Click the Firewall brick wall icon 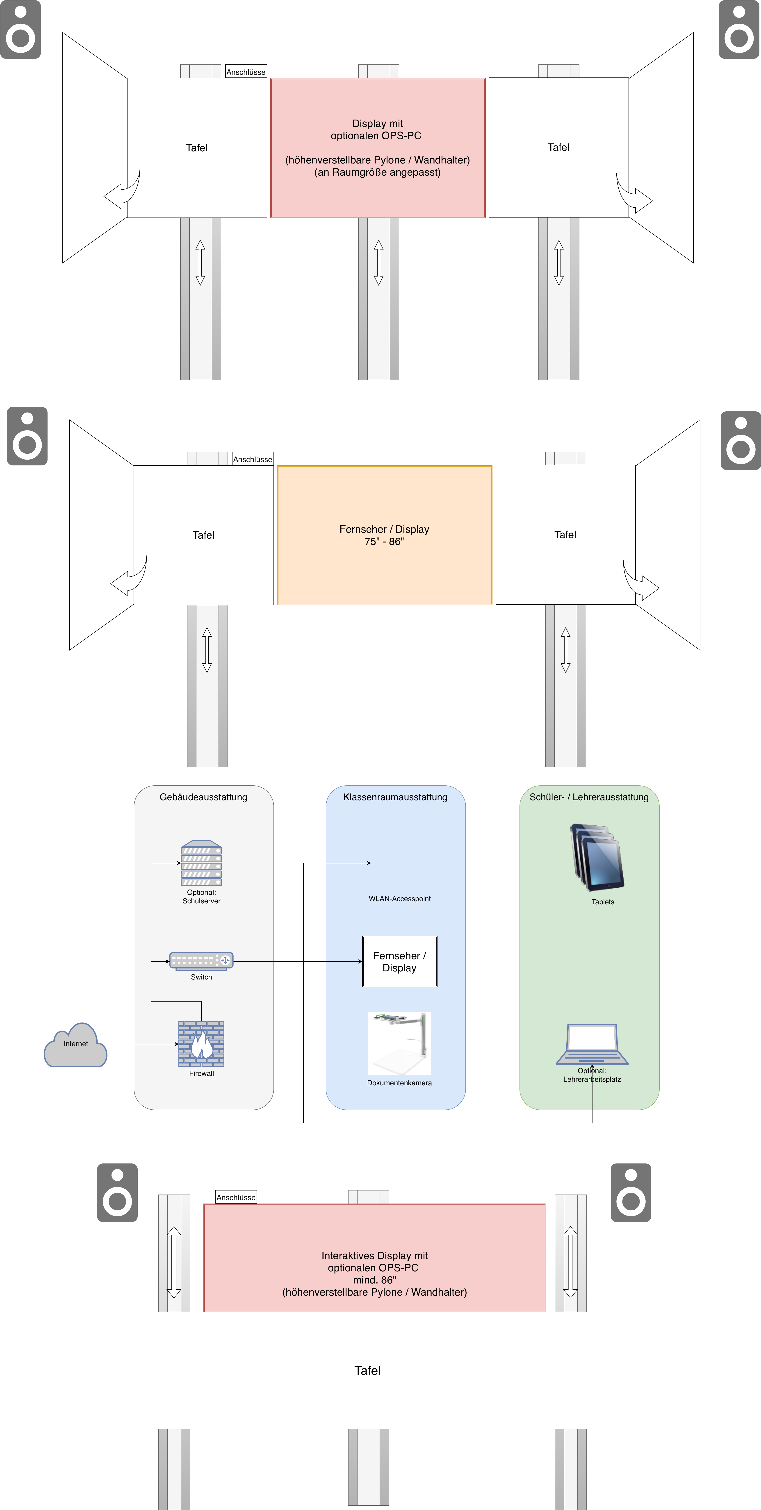click(x=201, y=1044)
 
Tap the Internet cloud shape click(x=76, y=1045)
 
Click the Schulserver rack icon click(x=201, y=863)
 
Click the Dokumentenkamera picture click(x=399, y=1043)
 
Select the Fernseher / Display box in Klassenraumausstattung click(x=400, y=961)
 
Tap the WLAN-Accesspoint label click(x=400, y=899)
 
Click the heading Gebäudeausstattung click(x=203, y=797)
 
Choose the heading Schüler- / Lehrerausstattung click(x=589, y=797)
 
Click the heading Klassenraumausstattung click(x=395, y=797)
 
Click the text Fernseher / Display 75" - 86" click(x=385, y=535)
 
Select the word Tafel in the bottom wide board click(x=368, y=1370)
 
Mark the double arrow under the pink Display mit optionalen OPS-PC click(x=379, y=263)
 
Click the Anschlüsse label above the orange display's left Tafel click(x=253, y=459)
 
